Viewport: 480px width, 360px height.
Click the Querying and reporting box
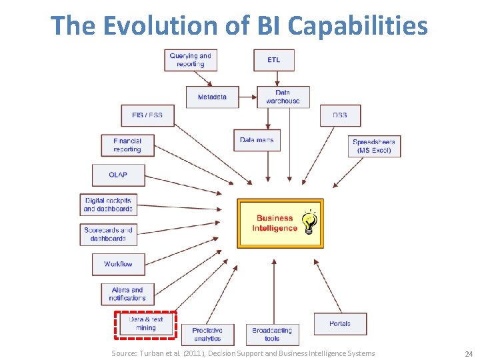(x=190, y=60)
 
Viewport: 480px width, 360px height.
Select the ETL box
(x=273, y=60)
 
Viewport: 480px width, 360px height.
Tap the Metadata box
(x=212, y=97)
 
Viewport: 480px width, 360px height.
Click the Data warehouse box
(x=283, y=97)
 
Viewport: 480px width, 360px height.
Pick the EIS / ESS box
(x=147, y=115)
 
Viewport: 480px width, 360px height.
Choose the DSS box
(x=340, y=115)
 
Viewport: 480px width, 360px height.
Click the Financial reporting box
(x=127, y=145)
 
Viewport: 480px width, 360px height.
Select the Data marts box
(x=257, y=140)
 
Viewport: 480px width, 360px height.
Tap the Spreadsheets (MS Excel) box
(x=374, y=146)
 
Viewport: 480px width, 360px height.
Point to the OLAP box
(x=118, y=175)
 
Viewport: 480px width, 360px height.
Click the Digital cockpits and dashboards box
(x=108, y=205)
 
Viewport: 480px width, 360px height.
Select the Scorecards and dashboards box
(x=108, y=234)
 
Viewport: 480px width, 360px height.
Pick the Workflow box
(x=118, y=264)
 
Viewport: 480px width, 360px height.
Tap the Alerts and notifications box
(x=127, y=294)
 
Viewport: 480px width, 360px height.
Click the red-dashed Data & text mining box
(x=145, y=324)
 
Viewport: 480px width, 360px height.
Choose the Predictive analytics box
(x=207, y=334)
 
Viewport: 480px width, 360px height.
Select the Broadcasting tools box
(x=272, y=334)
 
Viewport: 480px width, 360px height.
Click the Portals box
(x=340, y=324)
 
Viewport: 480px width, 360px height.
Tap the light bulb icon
(x=309, y=222)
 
